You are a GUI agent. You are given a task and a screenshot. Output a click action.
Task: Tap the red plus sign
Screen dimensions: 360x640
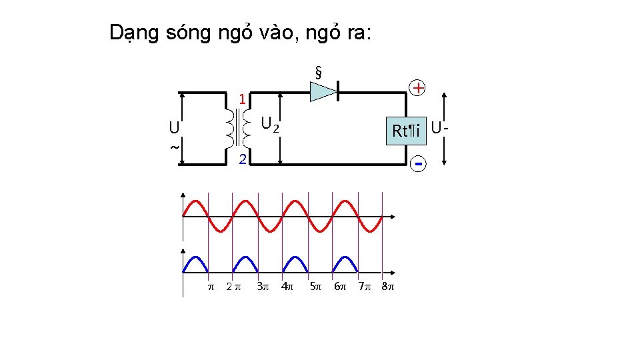tap(417, 88)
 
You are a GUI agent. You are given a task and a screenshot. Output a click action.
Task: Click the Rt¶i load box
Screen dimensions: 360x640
tap(407, 131)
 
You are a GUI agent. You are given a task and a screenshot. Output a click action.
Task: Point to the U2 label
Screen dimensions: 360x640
tap(269, 124)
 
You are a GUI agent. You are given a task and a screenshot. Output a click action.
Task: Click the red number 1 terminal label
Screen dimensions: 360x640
tap(243, 99)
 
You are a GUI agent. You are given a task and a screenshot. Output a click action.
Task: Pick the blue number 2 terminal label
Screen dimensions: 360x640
tap(243, 159)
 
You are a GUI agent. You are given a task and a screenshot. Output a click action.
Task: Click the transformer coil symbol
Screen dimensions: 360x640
tap(238, 128)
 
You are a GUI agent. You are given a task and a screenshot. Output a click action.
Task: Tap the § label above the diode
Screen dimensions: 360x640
tap(319, 71)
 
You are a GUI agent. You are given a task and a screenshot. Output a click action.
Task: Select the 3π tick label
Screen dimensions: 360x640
tap(263, 287)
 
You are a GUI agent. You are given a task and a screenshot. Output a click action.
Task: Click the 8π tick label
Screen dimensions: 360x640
tap(387, 287)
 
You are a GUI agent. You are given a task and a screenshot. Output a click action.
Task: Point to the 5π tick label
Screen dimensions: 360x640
tap(315, 287)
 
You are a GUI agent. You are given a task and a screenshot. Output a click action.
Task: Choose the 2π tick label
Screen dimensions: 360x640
tap(233, 287)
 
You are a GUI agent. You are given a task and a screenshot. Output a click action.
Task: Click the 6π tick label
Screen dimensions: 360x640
tap(340, 287)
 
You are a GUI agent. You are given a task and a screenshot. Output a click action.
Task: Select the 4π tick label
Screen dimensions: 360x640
tap(287, 287)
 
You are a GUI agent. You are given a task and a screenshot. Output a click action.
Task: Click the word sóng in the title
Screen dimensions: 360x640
tap(187, 33)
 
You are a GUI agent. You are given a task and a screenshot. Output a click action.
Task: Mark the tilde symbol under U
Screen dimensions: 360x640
tap(174, 147)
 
